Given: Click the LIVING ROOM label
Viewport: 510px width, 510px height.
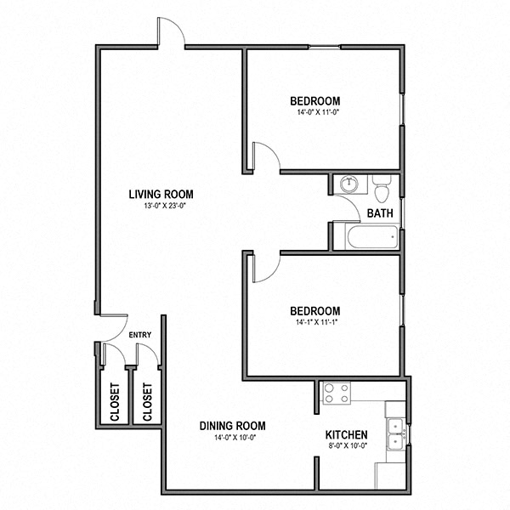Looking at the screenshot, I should click(161, 194).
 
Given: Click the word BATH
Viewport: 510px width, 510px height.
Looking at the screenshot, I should click(379, 213).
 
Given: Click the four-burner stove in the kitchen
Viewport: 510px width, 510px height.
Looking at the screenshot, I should click(336, 393).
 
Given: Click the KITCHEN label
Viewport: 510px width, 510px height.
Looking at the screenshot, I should click(347, 435).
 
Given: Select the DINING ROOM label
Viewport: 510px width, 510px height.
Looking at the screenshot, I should click(233, 426).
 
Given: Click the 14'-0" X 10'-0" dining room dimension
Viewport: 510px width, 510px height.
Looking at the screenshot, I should click(233, 438).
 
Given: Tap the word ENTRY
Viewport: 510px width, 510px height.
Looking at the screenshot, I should click(140, 335).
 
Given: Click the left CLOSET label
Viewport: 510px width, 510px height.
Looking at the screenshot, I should click(115, 402).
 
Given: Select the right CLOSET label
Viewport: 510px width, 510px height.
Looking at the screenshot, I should click(147, 402).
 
